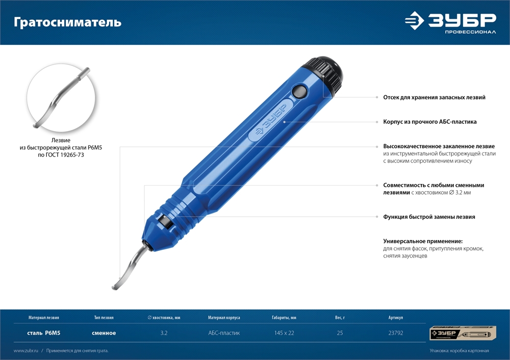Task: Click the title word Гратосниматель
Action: click(x=67, y=22)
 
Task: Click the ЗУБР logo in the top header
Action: click(x=450, y=22)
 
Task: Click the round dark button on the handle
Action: click(x=299, y=91)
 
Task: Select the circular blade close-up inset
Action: click(x=61, y=97)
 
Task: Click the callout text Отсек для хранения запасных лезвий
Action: click(x=434, y=97)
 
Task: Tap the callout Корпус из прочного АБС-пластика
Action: click(x=429, y=122)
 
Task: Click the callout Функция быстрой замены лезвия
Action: click(x=429, y=217)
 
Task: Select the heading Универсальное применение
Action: click(x=423, y=241)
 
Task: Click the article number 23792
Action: click(x=396, y=333)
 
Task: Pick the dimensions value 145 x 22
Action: click(x=284, y=333)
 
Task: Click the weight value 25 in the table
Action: click(x=340, y=333)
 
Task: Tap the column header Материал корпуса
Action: click(x=224, y=317)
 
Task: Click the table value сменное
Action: click(x=104, y=333)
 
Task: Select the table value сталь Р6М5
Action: click(x=43, y=333)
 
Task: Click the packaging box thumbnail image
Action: click(x=463, y=333)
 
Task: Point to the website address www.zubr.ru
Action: click(x=26, y=351)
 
